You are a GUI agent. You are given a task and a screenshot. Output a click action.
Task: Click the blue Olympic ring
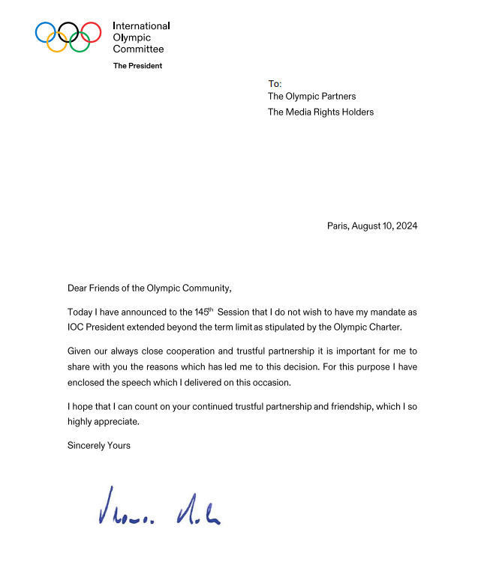(x=45, y=31)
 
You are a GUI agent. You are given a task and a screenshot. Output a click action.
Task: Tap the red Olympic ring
(x=91, y=31)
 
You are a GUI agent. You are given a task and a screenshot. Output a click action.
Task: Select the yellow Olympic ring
(x=57, y=42)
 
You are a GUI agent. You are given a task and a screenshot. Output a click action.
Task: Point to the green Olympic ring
(x=80, y=42)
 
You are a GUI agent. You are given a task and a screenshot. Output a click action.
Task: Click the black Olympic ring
(x=68, y=31)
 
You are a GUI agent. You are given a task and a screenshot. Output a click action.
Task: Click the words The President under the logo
(x=137, y=66)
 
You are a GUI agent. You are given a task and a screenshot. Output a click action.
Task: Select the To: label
(x=275, y=83)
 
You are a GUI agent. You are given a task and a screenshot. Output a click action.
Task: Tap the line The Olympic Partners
(x=311, y=97)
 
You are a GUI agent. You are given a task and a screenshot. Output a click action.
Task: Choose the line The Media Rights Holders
(x=320, y=112)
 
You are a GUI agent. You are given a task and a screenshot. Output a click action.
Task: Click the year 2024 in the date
(x=406, y=226)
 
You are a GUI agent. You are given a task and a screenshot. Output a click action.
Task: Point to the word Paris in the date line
(x=337, y=226)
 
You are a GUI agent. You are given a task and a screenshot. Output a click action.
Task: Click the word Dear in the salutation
(x=78, y=288)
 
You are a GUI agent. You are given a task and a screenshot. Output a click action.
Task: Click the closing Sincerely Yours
(x=99, y=446)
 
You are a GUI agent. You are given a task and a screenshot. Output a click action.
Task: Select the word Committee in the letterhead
(x=138, y=49)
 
